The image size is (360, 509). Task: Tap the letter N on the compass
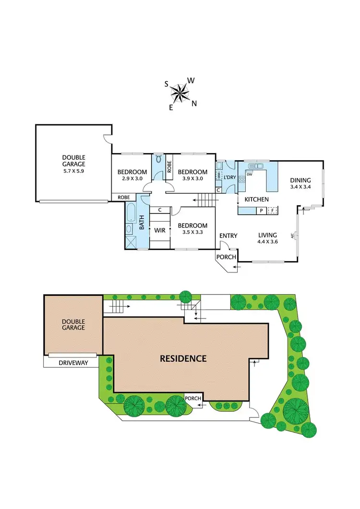tap(194, 103)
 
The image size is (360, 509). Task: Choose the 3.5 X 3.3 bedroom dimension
tap(192, 232)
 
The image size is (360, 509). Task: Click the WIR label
tap(159, 231)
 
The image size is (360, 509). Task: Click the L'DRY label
tap(230, 178)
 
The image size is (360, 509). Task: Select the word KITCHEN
tap(256, 199)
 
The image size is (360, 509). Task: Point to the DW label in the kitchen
tap(250, 174)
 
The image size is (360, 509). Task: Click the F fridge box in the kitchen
tap(273, 210)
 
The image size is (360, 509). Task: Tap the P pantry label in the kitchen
tap(262, 210)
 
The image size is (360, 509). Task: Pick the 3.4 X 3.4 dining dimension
tap(300, 187)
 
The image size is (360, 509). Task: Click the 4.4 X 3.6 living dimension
tap(267, 242)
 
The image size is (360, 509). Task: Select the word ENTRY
tap(228, 236)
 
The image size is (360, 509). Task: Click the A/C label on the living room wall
tap(293, 235)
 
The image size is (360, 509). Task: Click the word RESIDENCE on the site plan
tap(183, 358)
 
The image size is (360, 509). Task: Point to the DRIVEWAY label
tap(73, 363)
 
